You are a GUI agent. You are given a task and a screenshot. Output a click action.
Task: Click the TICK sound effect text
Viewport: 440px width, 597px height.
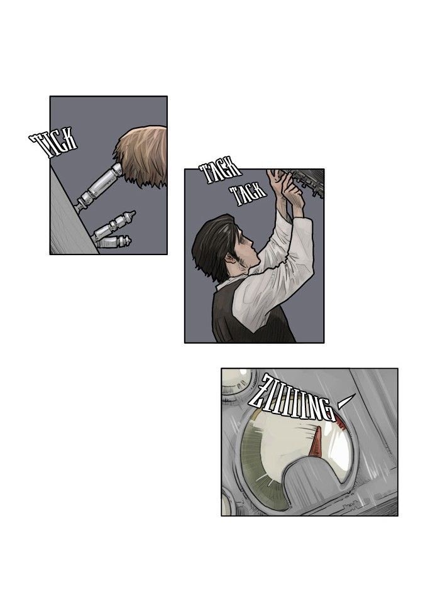tap(53, 143)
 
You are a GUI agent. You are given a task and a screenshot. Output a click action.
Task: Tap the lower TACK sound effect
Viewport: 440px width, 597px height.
tap(248, 194)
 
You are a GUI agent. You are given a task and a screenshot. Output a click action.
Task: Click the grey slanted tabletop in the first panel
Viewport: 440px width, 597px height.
tap(69, 221)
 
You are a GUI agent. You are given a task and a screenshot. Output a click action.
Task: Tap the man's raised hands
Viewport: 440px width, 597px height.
tap(284, 187)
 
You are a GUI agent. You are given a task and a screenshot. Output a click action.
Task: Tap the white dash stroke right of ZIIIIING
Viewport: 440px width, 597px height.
tap(346, 402)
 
